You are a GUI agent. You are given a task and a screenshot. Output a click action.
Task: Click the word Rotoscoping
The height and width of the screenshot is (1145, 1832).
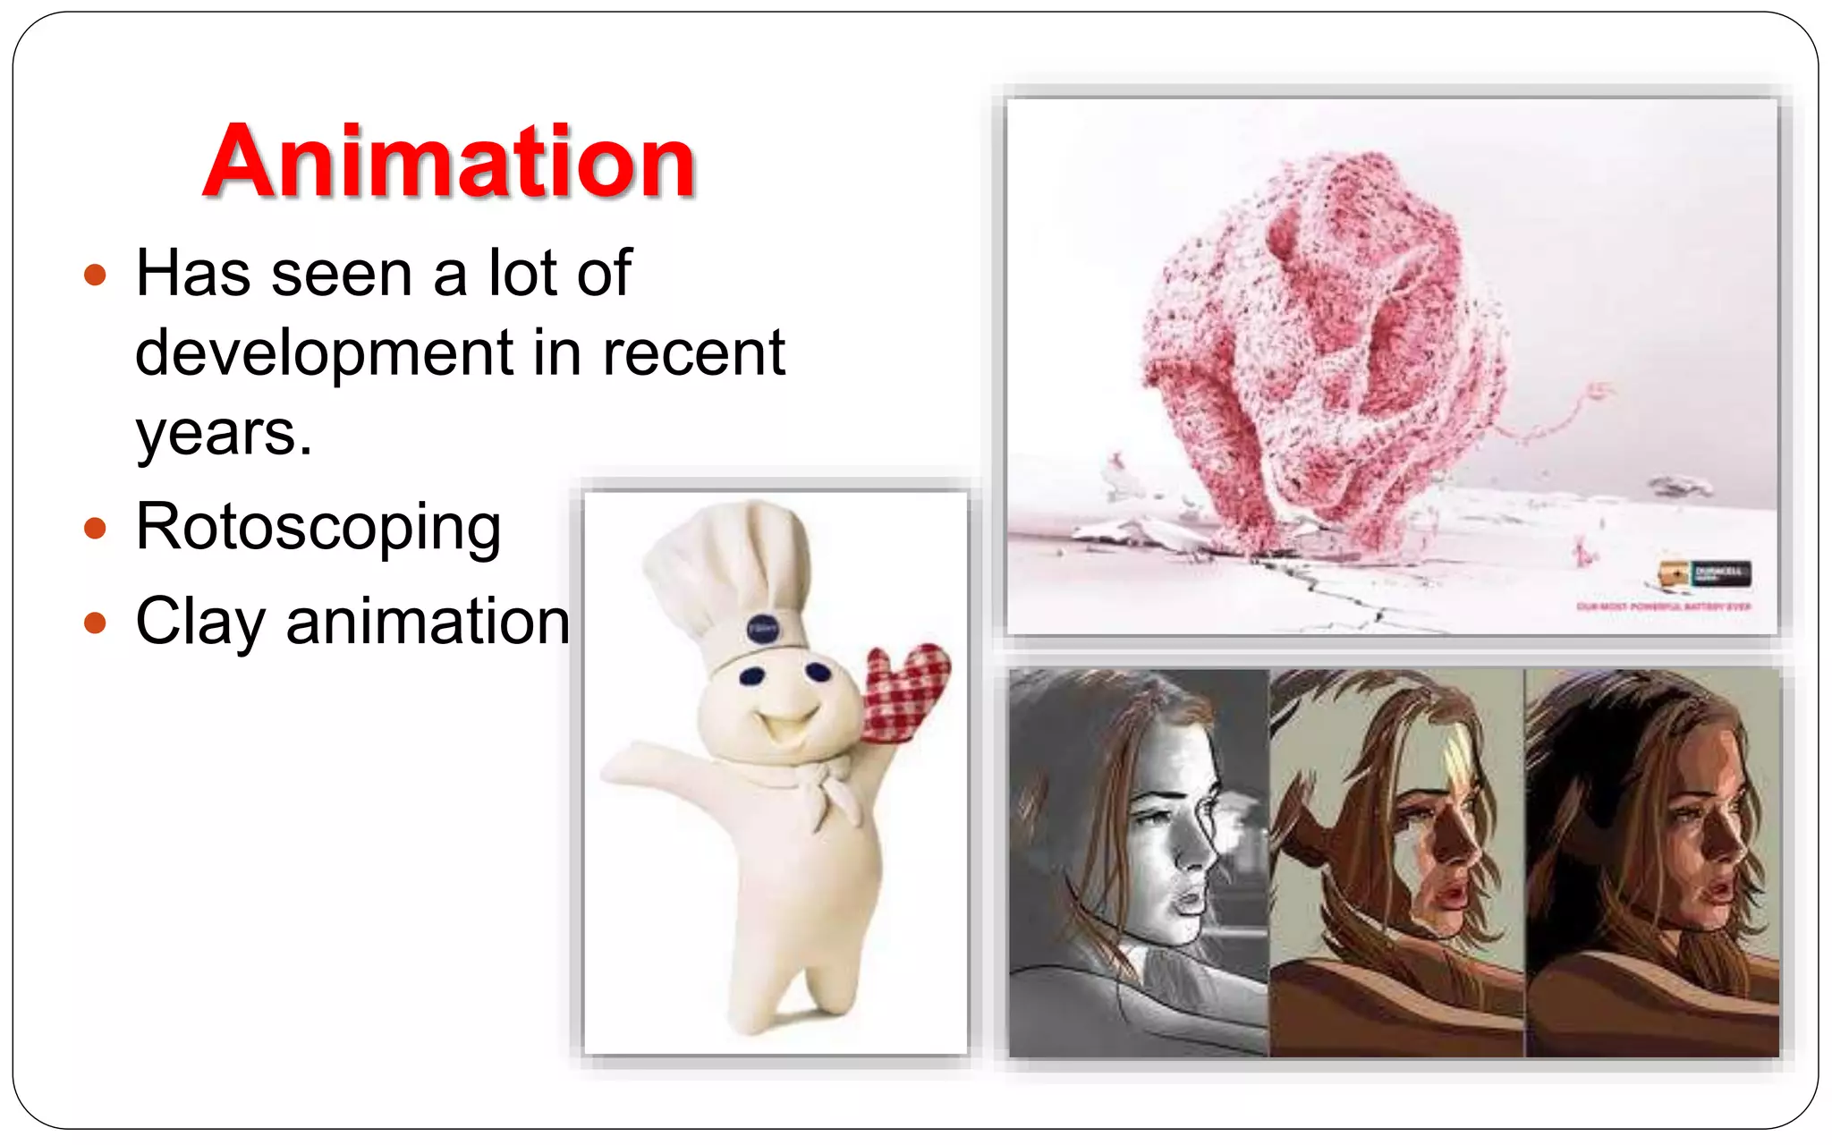(x=318, y=528)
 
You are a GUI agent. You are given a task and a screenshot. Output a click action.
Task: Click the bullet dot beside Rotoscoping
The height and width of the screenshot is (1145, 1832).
(x=95, y=528)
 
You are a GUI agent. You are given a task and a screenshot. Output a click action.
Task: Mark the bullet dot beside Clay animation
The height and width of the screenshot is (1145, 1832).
(x=95, y=623)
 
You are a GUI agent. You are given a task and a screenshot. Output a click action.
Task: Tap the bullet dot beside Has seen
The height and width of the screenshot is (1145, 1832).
(x=95, y=275)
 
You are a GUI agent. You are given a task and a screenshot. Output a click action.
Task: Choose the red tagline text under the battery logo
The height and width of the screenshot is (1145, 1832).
(x=1663, y=606)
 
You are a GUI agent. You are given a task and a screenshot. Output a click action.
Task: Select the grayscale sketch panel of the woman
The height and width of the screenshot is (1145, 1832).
(x=1138, y=863)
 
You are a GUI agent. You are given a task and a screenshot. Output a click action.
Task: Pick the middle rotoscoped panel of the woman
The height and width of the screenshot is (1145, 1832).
(x=1395, y=863)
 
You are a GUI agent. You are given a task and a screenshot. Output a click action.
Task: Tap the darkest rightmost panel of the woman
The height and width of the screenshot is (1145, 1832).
(x=1651, y=863)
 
